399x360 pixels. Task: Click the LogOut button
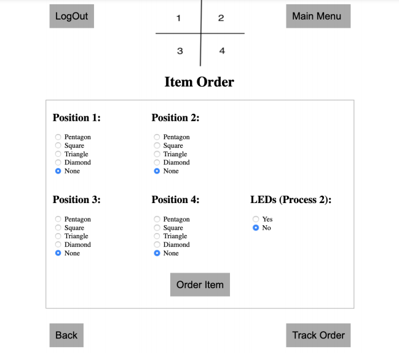coord(72,16)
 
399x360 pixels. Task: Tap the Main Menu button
coord(318,16)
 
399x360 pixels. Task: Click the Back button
coord(66,335)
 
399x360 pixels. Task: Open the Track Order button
coord(318,335)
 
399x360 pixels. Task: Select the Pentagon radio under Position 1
coord(58,137)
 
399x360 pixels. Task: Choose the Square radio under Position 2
coord(157,145)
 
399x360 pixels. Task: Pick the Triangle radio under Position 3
coord(58,236)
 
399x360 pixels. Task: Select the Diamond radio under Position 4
coord(157,244)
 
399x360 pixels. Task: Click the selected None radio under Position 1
coord(58,171)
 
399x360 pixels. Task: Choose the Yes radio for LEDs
coord(256,219)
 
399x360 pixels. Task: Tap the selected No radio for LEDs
coord(256,228)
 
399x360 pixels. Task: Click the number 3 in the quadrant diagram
coord(180,51)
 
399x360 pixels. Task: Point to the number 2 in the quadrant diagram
coord(221,18)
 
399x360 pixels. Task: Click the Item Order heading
coord(199,82)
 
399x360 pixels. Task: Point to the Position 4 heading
coord(175,199)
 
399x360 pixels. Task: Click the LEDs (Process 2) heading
coord(291,200)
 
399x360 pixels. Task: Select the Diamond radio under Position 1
coord(58,162)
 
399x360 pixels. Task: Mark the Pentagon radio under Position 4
coord(157,219)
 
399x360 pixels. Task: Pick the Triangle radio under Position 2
coord(157,154)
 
